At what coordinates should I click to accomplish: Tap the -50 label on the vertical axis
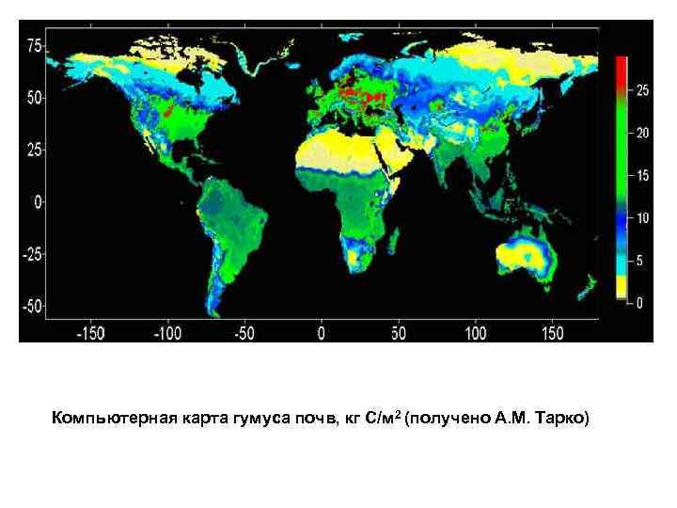point(30,307)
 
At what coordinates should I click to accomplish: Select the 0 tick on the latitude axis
point(39,201)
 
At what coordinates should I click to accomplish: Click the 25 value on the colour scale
point(643,90)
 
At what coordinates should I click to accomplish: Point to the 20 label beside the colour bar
point(643,134)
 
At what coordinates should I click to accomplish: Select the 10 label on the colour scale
point(643,218)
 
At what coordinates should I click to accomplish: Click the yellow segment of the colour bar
point(622,286)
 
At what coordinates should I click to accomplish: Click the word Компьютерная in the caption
point(105,417)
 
